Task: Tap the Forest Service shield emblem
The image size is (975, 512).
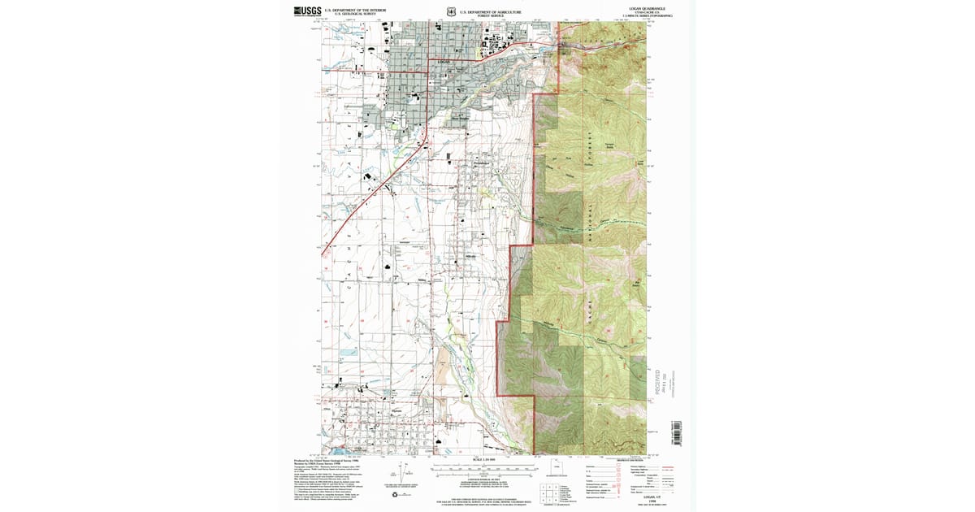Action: pyautogui.click(x=451, y=11)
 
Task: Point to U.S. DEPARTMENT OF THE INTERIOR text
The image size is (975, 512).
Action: pyautogui.click(x=358, y=9)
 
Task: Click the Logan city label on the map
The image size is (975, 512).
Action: pyautogui.click(x=443, y=62)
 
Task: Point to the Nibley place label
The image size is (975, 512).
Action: pyautogui.click(x=422, y=281)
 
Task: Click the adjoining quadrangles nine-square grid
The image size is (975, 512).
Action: pyautogui.click(x=548, y=491)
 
